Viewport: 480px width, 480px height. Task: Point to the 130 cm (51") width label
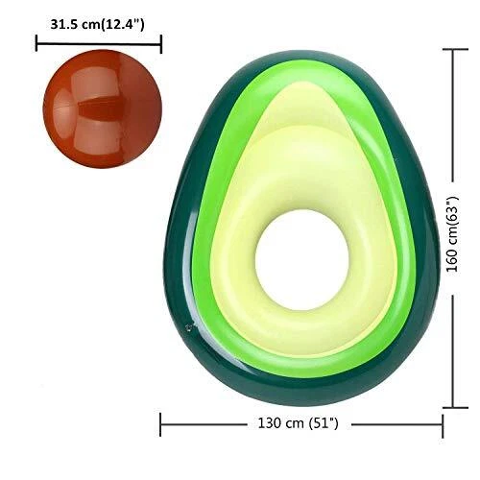pyautogui.click(x=300, y=422)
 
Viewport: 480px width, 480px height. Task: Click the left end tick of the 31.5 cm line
pyautogui.click(x=36, y=43)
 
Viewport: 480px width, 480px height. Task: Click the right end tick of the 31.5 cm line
pyautogui.click(x=160, y=43)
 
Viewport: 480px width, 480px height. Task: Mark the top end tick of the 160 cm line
pyautogui.click(x=453, y=48)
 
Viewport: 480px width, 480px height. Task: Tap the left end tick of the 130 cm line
pyautogui.click(x=160, y=422)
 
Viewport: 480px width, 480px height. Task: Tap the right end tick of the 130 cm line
pyautogui.click(x=443, y=422)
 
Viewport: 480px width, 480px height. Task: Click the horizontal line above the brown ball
pyautogui.click(x=98, y=43)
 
